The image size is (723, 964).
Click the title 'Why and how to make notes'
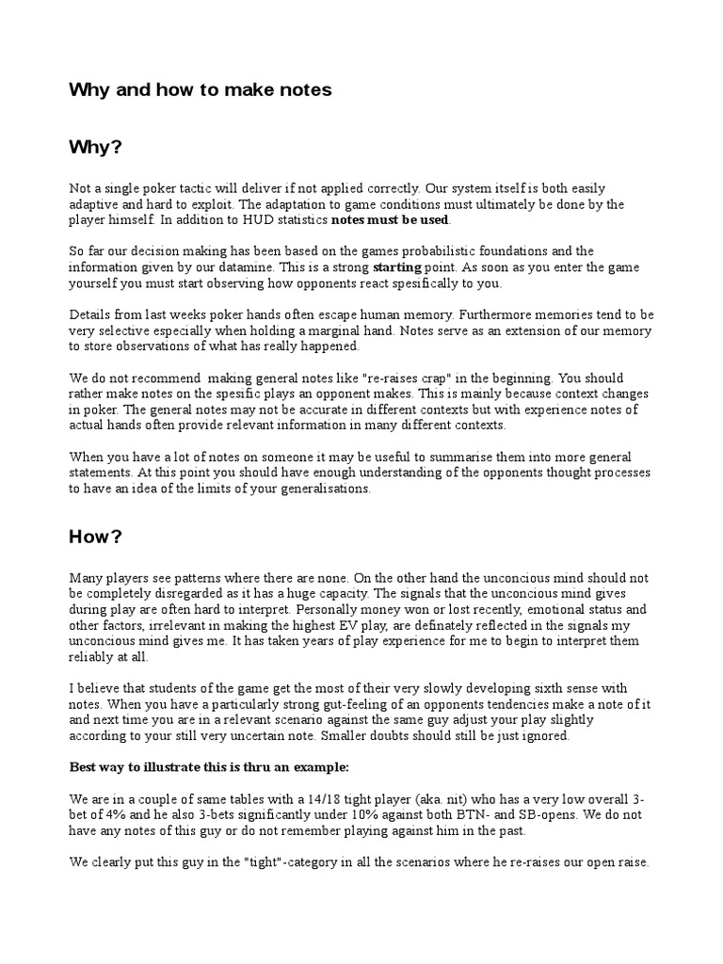(x=200, y=90)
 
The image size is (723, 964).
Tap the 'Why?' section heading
(x=96, y=148)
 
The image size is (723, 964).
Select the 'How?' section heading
(x=96, y=538)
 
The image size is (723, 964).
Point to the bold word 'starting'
(x=397, y=267)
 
